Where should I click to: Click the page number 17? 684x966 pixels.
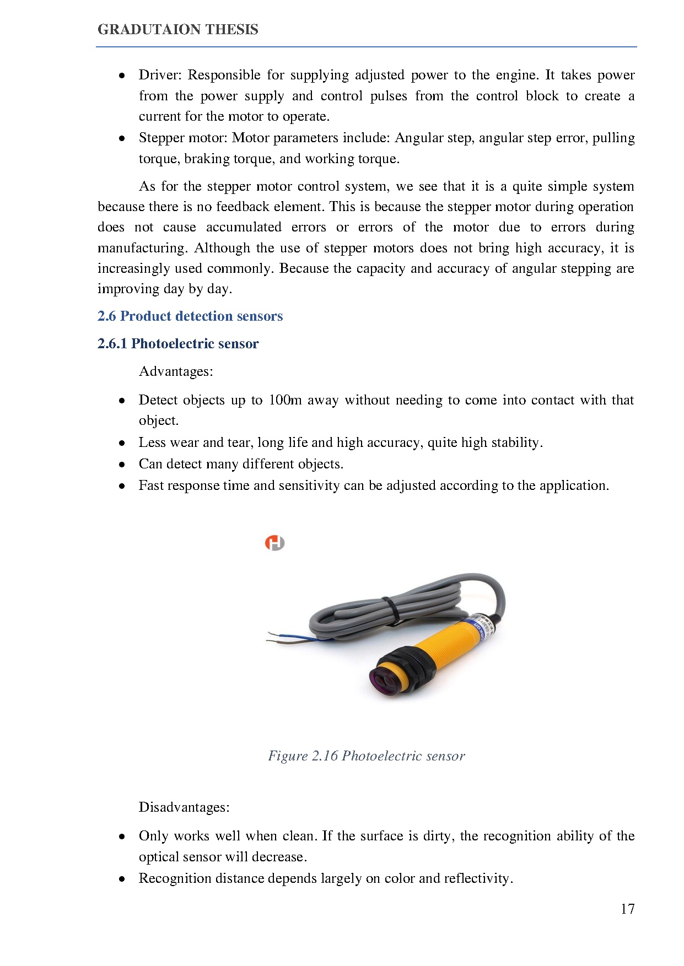point(627,909)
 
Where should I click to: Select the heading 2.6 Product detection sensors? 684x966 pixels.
point(190,316)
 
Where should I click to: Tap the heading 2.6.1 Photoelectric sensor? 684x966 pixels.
point(178,344)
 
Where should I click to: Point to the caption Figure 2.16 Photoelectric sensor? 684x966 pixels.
point(367,756)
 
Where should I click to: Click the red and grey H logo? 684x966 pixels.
point(274,543)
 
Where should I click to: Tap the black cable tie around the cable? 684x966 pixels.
point(391,611)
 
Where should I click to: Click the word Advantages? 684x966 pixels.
point(175,372)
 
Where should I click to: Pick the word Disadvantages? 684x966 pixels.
point(184,808)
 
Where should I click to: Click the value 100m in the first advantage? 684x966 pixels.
point(285,400)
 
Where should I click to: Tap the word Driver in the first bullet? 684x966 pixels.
point(160,75)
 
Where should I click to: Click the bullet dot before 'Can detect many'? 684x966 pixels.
point(122,465)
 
